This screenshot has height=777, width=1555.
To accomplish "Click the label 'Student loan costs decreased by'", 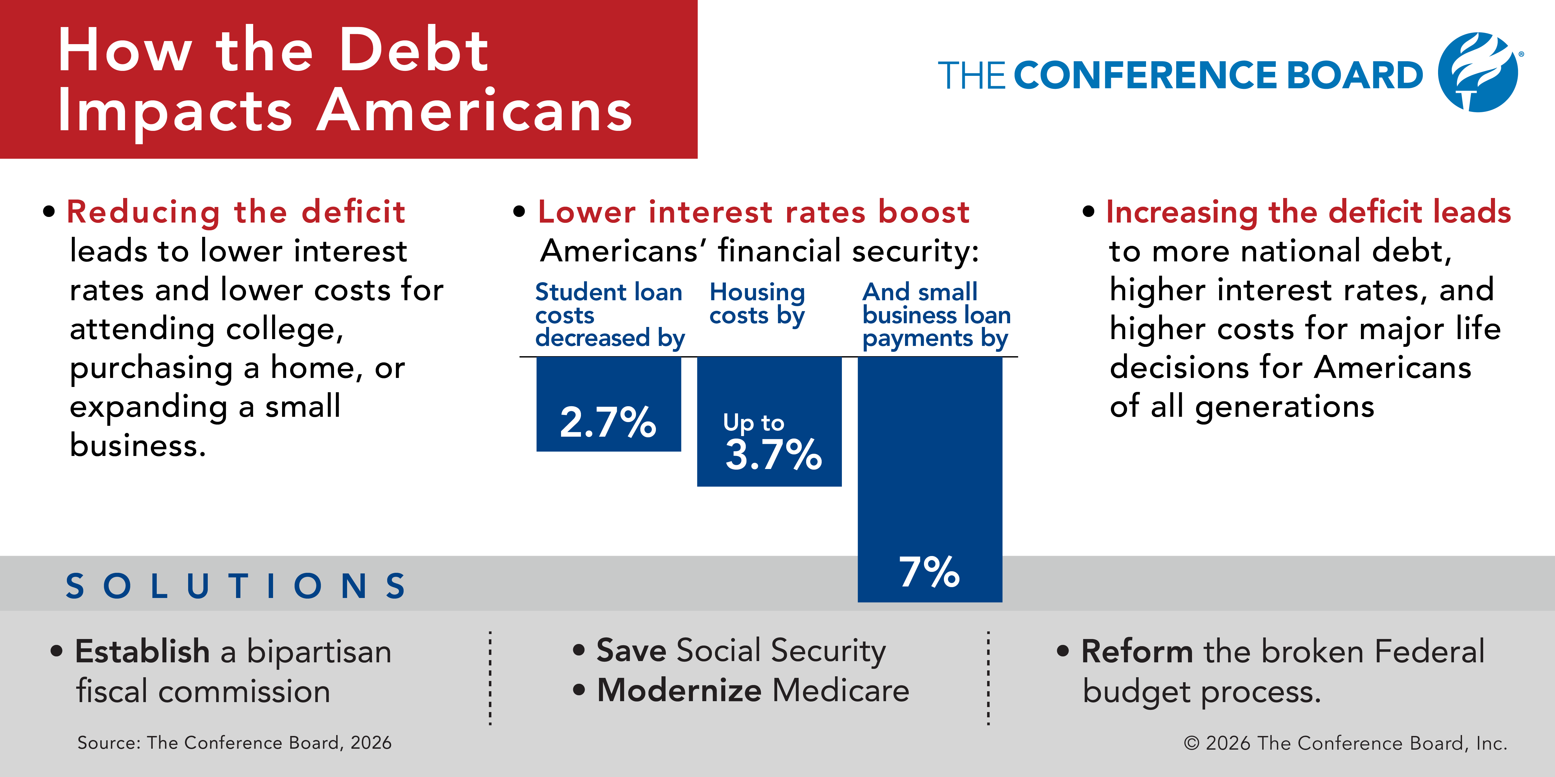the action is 610,315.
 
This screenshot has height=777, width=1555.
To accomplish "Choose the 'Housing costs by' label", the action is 757,303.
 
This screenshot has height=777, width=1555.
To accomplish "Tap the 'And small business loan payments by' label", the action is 936,315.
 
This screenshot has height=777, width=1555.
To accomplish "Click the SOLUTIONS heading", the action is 235,586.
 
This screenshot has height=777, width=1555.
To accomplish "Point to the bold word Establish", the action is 142,651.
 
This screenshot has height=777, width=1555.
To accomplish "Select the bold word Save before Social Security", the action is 631,650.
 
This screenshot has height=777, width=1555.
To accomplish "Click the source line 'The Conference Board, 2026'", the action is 269,743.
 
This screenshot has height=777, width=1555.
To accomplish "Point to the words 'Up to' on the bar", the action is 753,423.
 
